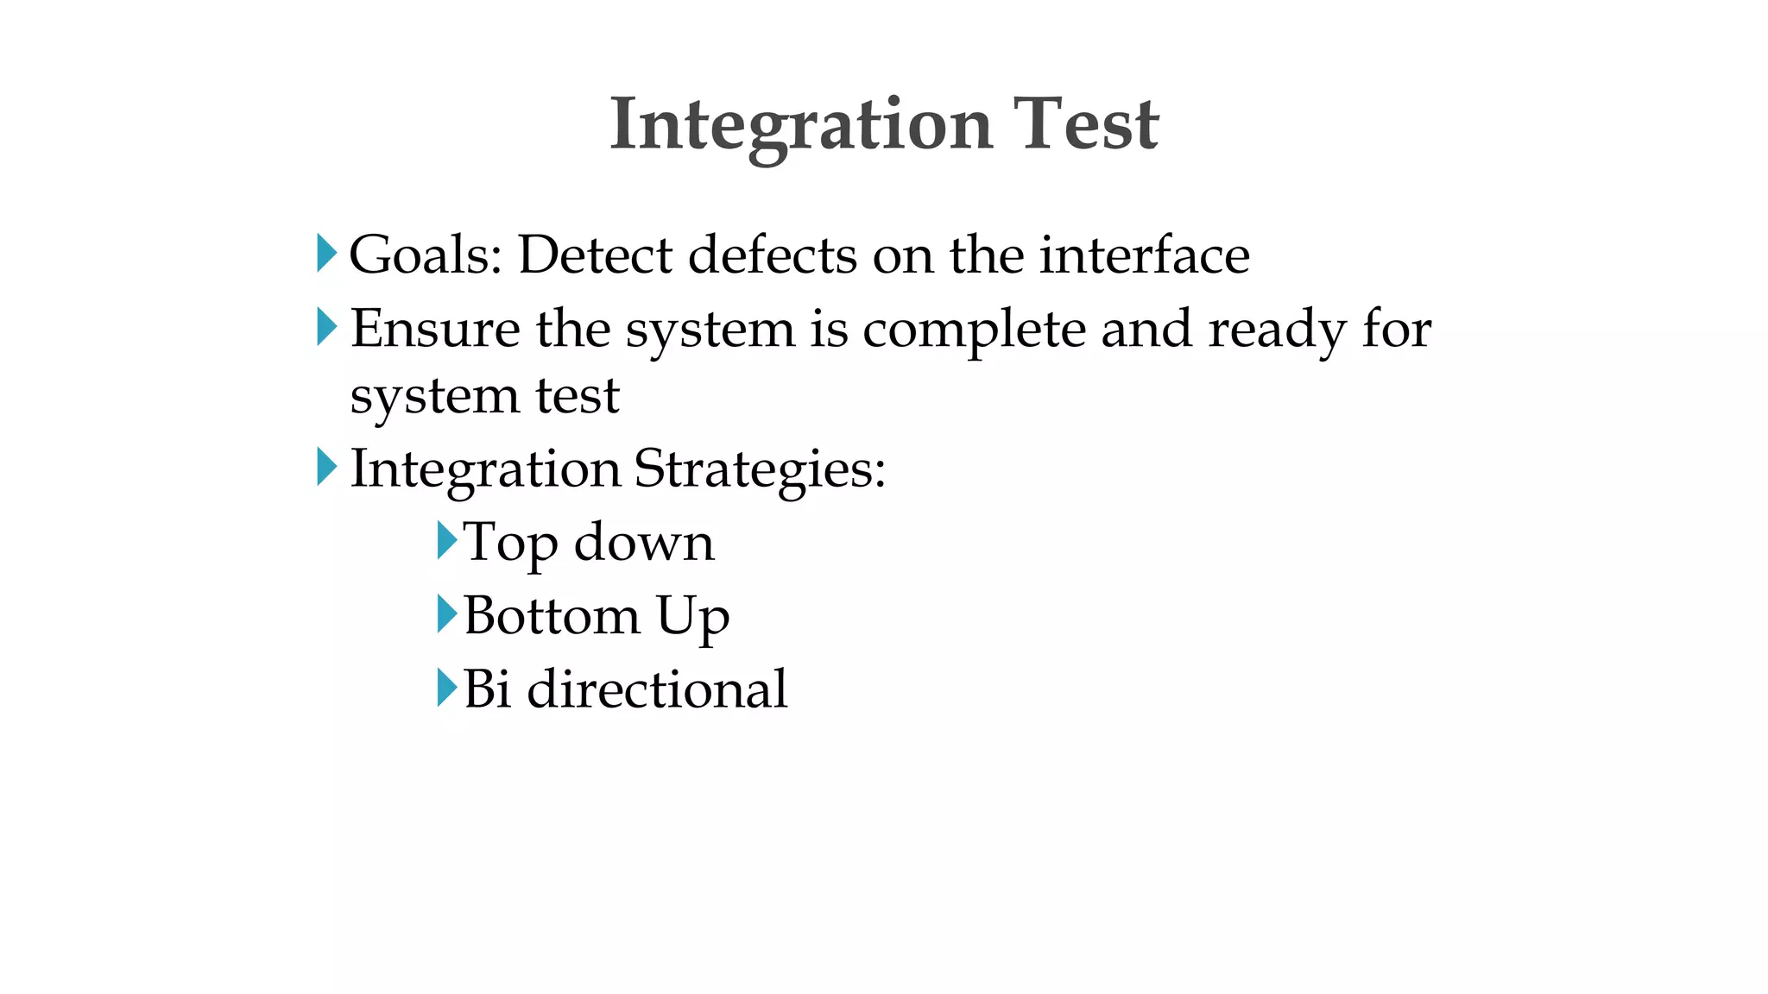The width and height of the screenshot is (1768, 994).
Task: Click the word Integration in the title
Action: [800, 125]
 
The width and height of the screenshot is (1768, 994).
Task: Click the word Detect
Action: [595, 255]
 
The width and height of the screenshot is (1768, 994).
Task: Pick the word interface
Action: [1144, 255]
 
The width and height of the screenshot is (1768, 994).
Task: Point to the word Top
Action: [510, 544]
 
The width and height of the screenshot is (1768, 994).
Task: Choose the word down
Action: [644, 544]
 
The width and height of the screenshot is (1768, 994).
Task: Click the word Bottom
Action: [552, 616]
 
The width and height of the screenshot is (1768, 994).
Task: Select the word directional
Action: [657, 689]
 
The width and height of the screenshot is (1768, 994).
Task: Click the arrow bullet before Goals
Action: [326, 253]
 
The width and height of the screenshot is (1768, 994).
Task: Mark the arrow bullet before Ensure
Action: [326, 327]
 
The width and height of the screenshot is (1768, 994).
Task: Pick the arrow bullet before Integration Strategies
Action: [326, 467]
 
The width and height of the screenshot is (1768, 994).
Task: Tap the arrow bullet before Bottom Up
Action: [446, 613]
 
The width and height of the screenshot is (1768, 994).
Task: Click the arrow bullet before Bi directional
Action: [446, 688]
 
